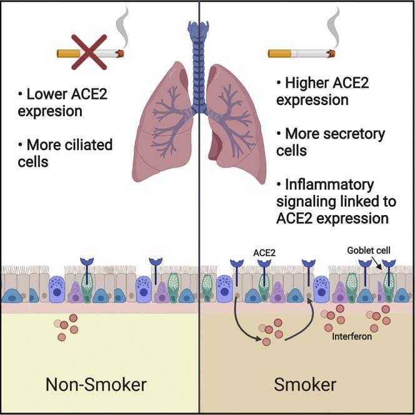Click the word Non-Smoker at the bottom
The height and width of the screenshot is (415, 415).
pos(96,384)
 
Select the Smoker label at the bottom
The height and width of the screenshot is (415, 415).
pos(306,384)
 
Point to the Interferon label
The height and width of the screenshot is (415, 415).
pos(352,337)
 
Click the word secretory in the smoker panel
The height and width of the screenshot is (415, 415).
pos(355,134)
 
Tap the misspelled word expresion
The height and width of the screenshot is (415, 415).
pos(50,111)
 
